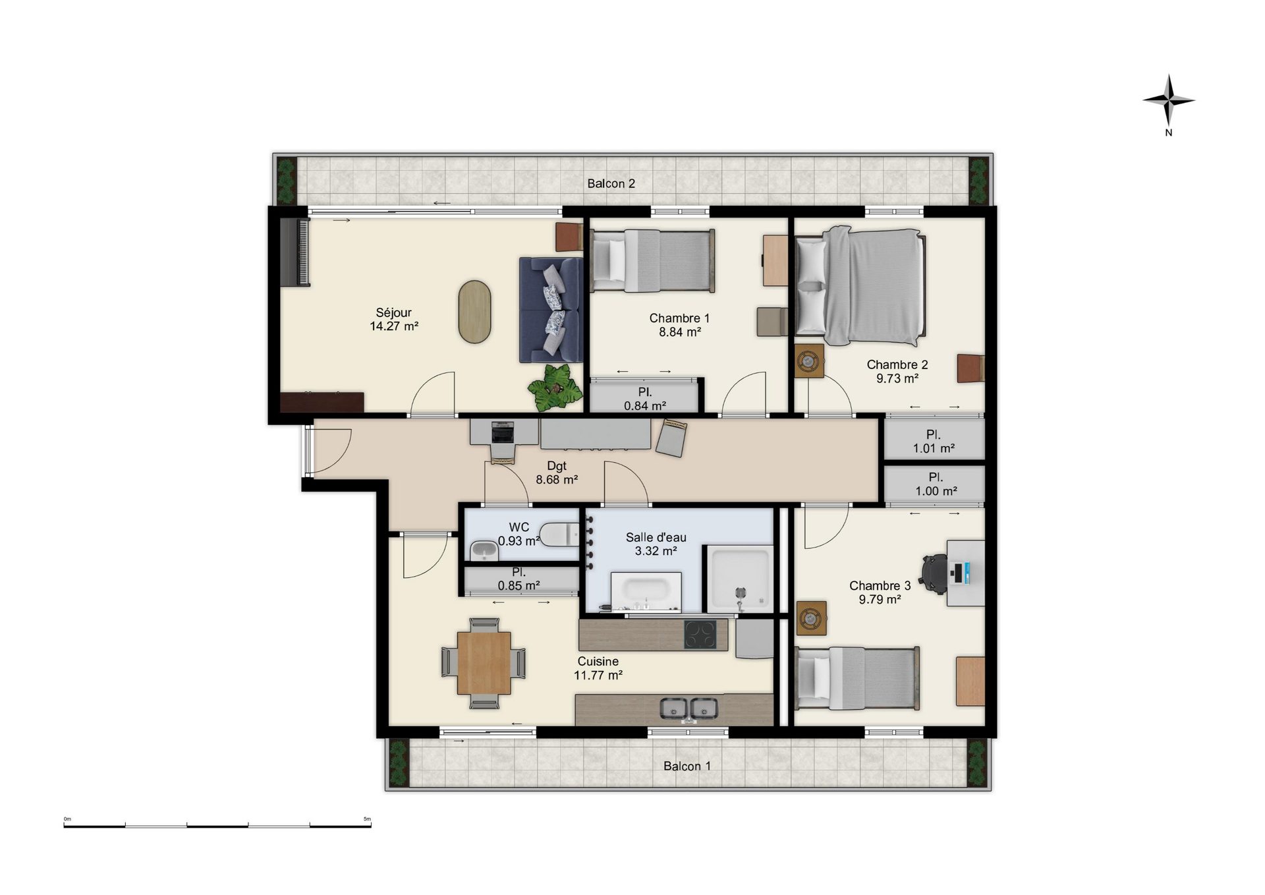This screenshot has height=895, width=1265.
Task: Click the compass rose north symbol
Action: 1168,101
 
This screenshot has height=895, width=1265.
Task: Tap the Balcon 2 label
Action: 611,183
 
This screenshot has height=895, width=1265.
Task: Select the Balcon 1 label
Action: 687,766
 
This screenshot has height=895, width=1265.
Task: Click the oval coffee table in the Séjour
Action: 474,312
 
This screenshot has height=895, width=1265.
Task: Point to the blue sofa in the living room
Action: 551,310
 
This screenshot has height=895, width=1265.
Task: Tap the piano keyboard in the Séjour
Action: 294,252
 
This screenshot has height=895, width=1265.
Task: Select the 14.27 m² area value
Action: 394,326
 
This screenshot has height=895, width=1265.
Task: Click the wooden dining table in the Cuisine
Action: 484,662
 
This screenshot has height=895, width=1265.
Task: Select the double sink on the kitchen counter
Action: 689,709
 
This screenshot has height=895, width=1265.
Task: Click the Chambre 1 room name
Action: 679,318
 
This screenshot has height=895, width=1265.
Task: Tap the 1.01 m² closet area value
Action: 934,449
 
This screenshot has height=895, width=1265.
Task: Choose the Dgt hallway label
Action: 557,467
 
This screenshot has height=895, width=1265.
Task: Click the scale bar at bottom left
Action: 217,825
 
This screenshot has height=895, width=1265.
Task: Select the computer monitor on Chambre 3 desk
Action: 959,572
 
